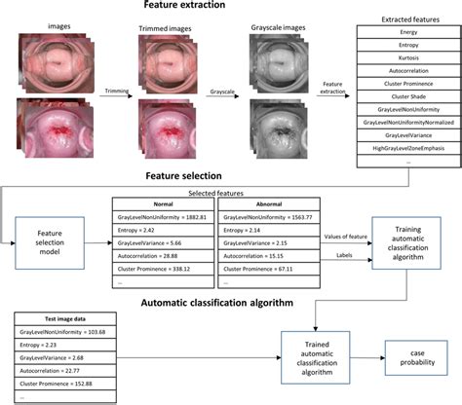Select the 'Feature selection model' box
(51, 240)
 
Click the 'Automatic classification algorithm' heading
(230, 302)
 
